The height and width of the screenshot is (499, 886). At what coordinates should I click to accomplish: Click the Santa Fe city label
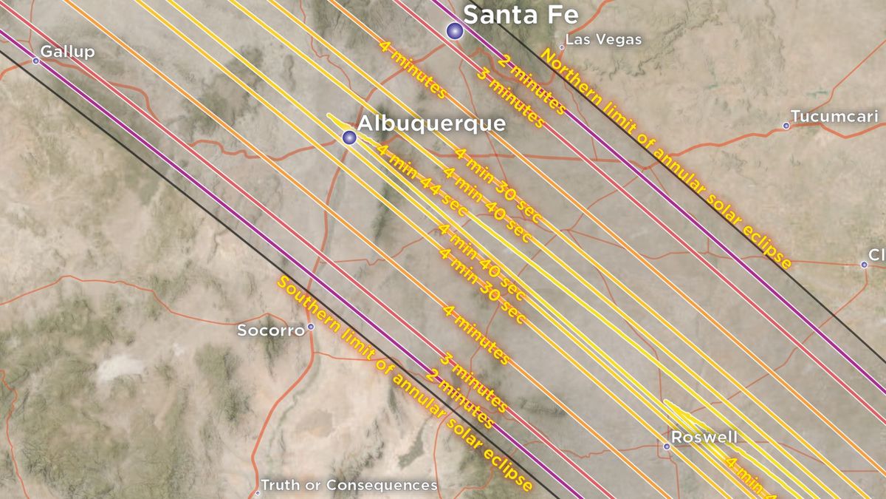click(520, 14)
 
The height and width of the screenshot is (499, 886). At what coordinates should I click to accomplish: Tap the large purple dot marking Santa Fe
click(455, 30)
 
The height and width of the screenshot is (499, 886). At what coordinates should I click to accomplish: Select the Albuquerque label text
click(432, 123)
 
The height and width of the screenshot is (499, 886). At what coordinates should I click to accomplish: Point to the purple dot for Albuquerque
click(349, 138)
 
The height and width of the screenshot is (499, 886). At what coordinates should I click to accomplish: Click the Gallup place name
click(68, 51)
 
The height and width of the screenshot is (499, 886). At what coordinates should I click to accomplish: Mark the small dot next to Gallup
click(35, 61)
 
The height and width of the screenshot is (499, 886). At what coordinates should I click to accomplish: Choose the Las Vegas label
click(603, 39)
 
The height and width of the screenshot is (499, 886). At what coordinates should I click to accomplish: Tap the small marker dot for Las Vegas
click(561, 47)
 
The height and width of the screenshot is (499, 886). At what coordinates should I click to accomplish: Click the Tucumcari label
click(834, 116)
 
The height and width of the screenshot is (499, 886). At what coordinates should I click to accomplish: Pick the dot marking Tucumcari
click(786, 126)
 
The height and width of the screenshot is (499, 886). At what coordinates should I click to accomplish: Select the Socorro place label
click(270, 330)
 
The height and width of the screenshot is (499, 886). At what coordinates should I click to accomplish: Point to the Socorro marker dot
click(311, 326)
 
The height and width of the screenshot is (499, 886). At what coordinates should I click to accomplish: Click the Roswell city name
click(710, 438)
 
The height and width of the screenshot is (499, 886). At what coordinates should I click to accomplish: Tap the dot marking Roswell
click(666, 446)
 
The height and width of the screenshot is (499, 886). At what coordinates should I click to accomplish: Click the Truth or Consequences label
click(350, 485)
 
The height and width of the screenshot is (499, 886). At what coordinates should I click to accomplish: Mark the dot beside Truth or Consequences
click(258, 492)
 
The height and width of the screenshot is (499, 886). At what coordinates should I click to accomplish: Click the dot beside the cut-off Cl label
click(864, 264)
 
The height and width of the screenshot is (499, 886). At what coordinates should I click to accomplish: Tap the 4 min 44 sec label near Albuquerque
click(422, 180)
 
